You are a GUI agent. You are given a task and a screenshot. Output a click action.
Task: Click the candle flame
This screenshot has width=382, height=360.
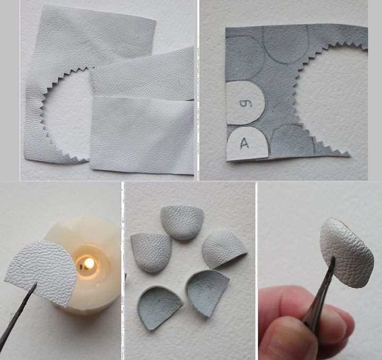(89, 263)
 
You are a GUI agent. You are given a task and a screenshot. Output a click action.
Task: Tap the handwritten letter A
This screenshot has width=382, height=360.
(245, 143)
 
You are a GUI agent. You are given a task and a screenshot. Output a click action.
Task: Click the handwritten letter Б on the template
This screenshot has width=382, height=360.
(244, 104)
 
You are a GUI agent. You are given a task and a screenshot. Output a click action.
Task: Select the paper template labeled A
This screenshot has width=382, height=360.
(247, 144)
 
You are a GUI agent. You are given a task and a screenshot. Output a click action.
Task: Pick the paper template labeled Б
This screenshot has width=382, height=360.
(245, 102)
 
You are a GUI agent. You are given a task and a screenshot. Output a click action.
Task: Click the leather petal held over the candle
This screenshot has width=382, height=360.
(41, 271)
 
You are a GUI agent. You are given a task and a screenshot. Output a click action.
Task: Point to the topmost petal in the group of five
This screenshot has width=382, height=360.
(182, 222)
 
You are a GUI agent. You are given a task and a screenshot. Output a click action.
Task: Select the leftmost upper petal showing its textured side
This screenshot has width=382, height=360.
(151, 252)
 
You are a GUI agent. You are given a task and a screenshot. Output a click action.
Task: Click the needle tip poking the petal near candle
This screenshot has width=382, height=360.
(36, 284)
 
